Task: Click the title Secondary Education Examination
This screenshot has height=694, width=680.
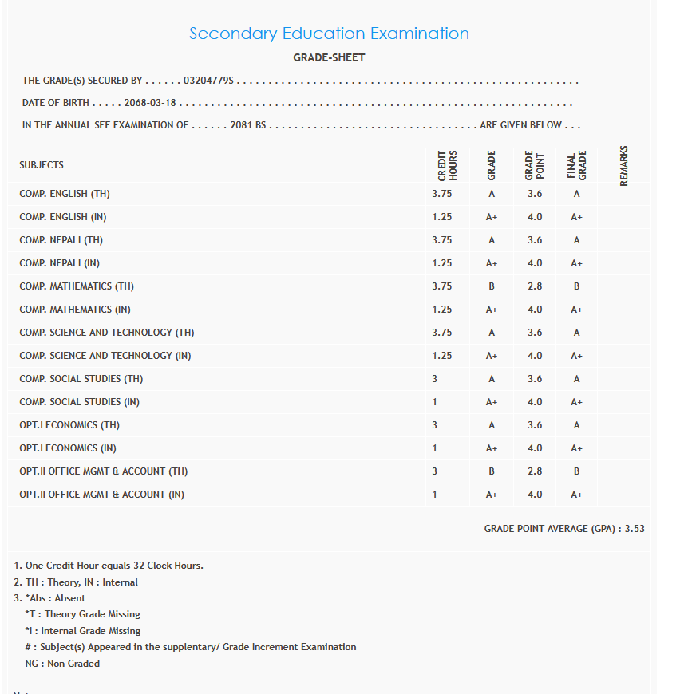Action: (x=329, y=34)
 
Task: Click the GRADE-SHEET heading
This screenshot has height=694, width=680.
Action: (x=329, y=58)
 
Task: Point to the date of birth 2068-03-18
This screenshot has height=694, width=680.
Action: (x=150, y=103)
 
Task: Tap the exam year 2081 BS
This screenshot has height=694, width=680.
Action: (x=247, y=125)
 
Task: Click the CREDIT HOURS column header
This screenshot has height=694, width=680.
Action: (x=447, y=166)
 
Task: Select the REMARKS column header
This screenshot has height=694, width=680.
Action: (x=624, y=166)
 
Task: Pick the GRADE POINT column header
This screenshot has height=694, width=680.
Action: (x=534, y=166)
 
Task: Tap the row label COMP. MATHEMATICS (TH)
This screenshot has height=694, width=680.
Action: (x=77, y=286)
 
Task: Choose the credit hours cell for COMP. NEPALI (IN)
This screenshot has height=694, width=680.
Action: (x=441, y=263)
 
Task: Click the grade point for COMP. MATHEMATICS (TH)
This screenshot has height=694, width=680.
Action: (x=535, y=286)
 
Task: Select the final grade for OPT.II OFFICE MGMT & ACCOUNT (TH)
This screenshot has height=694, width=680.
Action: (x=576, y=471)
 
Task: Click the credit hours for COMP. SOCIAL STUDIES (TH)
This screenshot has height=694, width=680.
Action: (x=435, y=379)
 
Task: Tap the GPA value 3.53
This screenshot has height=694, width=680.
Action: (x=635, y=529)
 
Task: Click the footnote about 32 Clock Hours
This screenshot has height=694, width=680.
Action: (x=109, y=566)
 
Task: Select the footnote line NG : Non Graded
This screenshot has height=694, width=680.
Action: (x=62, y=663)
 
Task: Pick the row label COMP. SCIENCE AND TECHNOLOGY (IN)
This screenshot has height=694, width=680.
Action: (x=105, y=356)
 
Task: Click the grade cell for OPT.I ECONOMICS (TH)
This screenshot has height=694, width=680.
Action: (x=492, y=425)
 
